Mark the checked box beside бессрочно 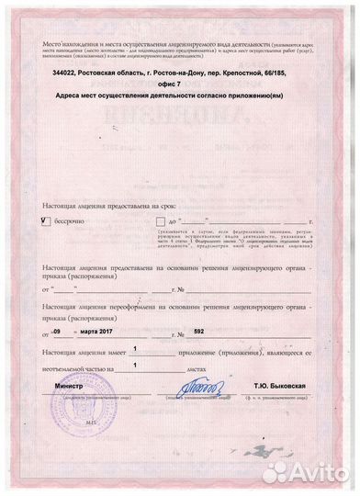coord(47,221)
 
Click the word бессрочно coord(74,221)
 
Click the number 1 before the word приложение coord(136,349)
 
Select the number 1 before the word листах coord(136,365)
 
